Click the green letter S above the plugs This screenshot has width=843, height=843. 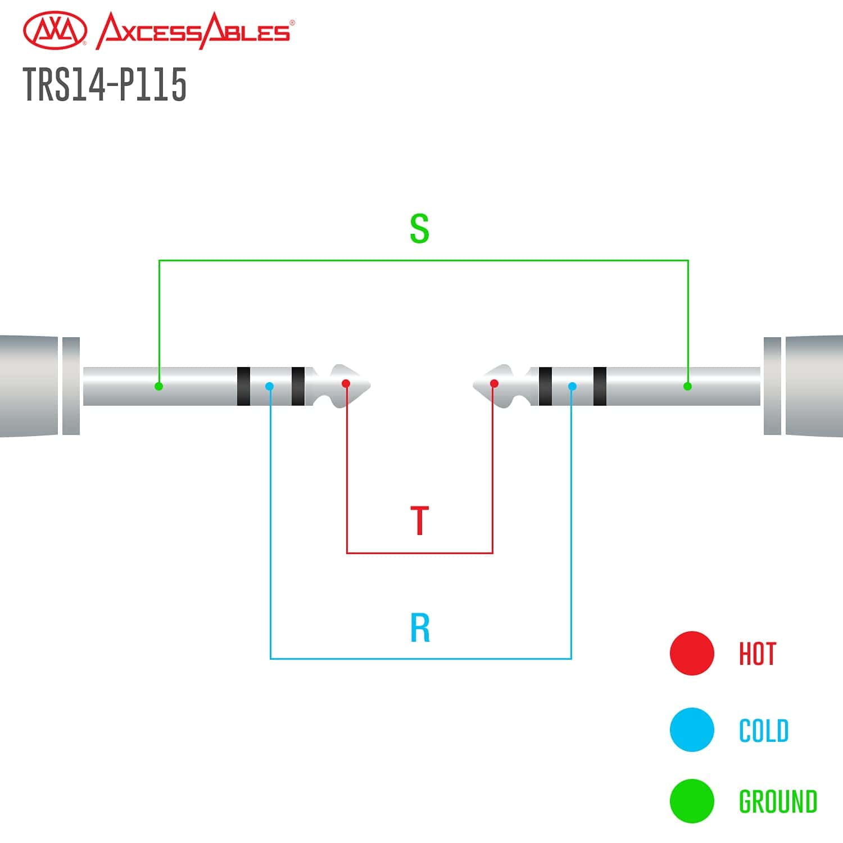click(x=419, y=228)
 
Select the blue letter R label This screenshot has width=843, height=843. click(x=420, y=628)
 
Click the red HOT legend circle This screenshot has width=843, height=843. click(x=692, y=653)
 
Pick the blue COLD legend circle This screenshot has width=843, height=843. click(x=692, y=729)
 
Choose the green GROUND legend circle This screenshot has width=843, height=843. click(x=692, y=801)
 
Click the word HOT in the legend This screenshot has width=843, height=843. click(x=757, y=654)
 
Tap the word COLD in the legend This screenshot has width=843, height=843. click(x=763, y=731)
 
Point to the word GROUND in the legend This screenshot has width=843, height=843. click(x=777, y=801)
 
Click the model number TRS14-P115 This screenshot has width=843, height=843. click(x=105, y=84)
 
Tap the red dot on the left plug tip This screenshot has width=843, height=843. click(x=346, y=383)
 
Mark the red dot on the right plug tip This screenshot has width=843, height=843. click(x=494, y=383)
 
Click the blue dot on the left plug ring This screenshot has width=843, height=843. click(x=270, y=386)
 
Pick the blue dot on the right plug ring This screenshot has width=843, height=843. click(x=572, y=386)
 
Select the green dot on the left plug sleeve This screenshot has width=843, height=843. click(x=159, y=386)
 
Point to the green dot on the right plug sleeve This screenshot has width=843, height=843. click(x=687, y=386)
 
